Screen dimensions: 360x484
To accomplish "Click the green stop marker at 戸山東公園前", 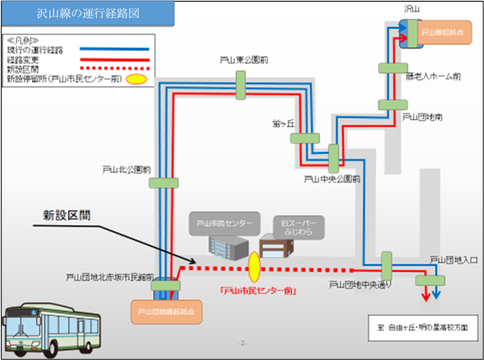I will click(241, 81).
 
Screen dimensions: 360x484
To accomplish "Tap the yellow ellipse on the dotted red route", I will click(254, 266).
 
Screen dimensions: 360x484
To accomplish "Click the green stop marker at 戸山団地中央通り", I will click(385, 266).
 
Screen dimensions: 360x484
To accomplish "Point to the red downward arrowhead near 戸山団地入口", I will click(425, 297).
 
